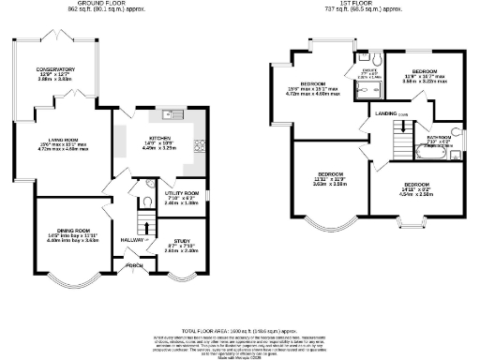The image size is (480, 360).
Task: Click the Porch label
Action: pyautogui.click(x=137, y=265)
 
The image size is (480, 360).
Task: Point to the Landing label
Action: pyautogui.click(x=386, y=113)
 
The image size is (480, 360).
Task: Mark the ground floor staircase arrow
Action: pyautogui.click(x=143, y=224)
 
